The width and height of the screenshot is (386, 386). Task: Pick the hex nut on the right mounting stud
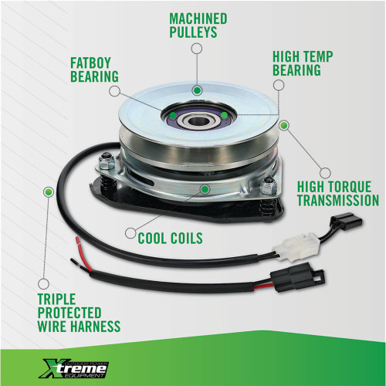pos(269,186)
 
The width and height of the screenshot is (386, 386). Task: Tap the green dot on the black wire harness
pos(49,191)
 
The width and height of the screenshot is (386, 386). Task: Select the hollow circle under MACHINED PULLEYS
pos(196,49)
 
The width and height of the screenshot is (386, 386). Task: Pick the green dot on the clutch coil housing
pos(204,188)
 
